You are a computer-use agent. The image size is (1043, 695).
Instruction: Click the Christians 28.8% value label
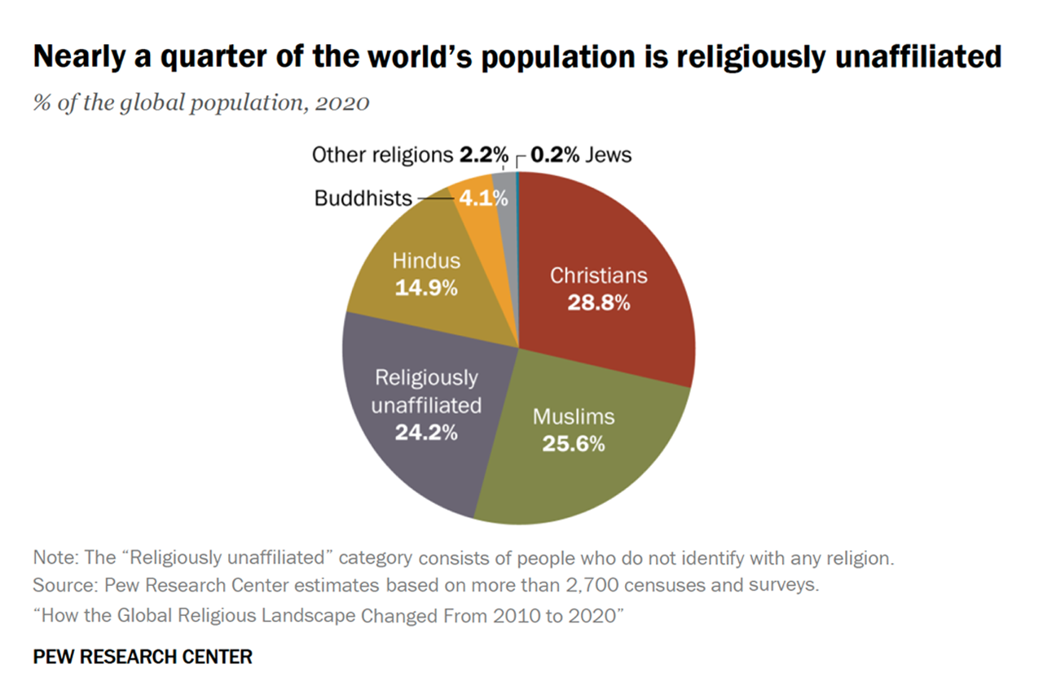click(598, 303)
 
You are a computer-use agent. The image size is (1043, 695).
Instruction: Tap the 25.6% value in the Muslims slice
click(574, 444)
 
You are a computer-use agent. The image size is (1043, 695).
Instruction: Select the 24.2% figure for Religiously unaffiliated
click(426, 432)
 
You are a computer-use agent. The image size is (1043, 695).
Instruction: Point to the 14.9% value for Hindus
click(426, 288)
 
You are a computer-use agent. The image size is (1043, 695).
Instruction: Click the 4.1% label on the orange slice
click(485, 198)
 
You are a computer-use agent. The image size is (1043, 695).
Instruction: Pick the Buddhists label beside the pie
click(363, 198)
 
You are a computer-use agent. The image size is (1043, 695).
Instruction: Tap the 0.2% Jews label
click(581, 155)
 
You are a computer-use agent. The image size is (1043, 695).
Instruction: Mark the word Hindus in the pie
click(426, 261)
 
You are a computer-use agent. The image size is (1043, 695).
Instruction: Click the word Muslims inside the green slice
click(574, 417)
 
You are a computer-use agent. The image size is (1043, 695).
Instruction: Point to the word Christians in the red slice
click(598, 275)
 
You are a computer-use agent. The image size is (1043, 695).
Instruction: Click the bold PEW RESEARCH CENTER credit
click(143, 656)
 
